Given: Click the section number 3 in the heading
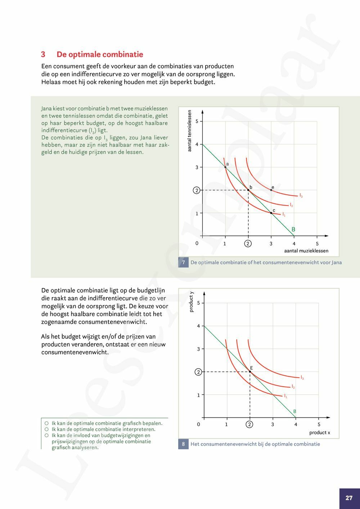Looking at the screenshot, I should [x=43, y=55].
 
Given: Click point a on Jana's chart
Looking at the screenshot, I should [x=225, y=167].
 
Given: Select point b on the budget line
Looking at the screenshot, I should [x=248, y=190].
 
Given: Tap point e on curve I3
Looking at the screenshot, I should [x=271, y=190].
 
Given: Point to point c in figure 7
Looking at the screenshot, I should [x=271, y=213].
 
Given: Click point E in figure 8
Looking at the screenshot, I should [x=250, y=371].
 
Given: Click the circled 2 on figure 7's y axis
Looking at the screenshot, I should [x=197, y=190].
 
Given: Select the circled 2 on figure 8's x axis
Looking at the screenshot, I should [x=249, y=424].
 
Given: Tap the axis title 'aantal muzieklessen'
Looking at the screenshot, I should [x=306, y=251].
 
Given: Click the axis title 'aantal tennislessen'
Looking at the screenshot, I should [x=189, y=131].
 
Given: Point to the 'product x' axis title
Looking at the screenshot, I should [x=319, y=433].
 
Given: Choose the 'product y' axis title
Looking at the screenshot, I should [x=191, y=302].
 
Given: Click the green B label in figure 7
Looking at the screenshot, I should [x=293, y=229].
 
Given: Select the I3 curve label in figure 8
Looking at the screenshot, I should [x=302, y=378].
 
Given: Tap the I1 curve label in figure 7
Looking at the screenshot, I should [x=284, y=215].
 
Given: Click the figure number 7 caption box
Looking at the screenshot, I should [x=183, y=262].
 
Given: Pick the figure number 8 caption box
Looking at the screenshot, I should [x=183, y=444].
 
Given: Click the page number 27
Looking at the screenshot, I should [x=349, y=498].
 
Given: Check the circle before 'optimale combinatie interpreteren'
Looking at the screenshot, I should [x=46, y=429].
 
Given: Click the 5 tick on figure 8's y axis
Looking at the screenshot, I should [x=198, y=303].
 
